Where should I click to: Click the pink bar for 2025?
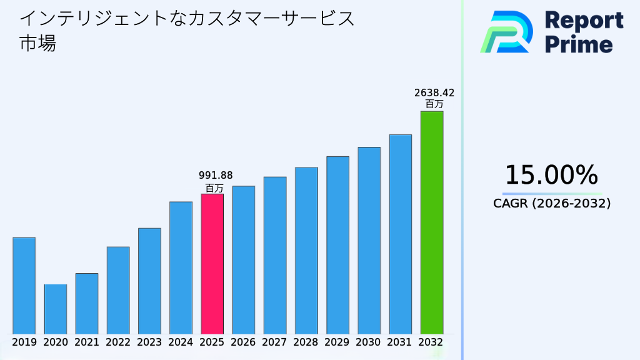tap(212, 264)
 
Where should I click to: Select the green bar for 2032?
tap(431, 222)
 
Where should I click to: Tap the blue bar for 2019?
tap(24, 286)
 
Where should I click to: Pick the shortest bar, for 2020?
tap(55, 309)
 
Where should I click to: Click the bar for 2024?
tap(181, 267)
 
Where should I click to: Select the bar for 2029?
tap(337, 245)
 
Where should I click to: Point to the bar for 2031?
tap(400, 234)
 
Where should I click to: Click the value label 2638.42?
tap(434, 93)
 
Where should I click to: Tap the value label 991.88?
tap(215, 176)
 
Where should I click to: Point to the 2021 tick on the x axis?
tap(87, 342)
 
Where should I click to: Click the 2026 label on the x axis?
tap(243, 342)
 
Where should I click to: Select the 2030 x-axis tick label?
tap(369, 342)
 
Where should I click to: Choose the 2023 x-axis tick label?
tap(149, 342)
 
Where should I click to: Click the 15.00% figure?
tap(551, 175)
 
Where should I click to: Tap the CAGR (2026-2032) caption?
tap(551, 203)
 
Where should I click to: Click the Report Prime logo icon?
tap(506, 31)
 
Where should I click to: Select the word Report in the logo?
tap(584, 20)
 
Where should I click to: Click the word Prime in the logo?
tap(579, 44)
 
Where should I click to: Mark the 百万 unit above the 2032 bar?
tap(434, 104)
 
